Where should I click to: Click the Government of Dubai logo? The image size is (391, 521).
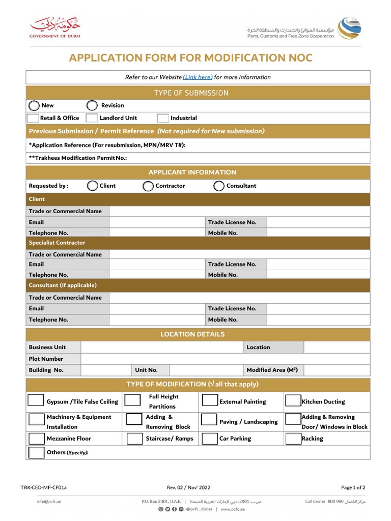[x=55, y=28]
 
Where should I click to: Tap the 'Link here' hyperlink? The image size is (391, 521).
[x=198, y=77]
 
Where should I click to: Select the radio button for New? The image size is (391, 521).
[x=34, y=106]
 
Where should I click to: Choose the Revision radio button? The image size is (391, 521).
[x=92, y=106]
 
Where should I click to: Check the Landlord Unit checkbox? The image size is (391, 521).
[x=92, y=118]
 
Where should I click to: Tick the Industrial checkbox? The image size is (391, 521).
[x=162, y=118]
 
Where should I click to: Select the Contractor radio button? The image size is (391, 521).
[x=148, y=186]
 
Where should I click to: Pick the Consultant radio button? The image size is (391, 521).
[x=219, y=186]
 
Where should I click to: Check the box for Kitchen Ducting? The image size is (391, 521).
[x=293, y=401]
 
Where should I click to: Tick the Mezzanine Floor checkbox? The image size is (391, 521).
[x=37, y=439]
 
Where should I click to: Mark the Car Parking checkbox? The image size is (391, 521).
[x=210, y=439]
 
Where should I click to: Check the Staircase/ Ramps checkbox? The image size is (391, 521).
[x=135, y=439]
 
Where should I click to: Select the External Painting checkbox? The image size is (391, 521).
[x=210, y=400]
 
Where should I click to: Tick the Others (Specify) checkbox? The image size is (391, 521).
[x=37, y=452]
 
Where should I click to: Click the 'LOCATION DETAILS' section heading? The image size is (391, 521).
[x=192, y=335]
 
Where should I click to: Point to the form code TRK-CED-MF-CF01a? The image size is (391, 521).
[x=43, y=487]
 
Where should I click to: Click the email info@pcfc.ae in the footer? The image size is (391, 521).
[x=49, y=502]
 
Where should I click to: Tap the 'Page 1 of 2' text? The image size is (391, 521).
[x=353, y=487]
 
